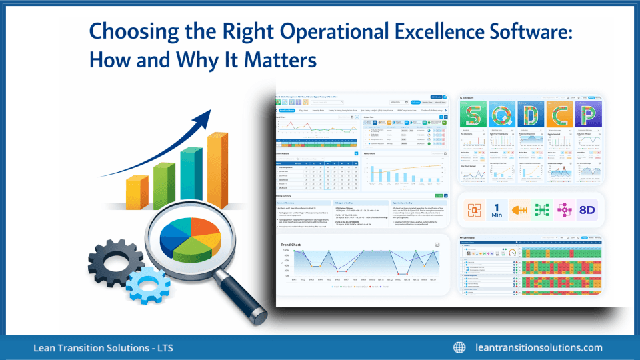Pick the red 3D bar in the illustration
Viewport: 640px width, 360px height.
tap(163, 185)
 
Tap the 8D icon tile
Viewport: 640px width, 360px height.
tap(587, 209)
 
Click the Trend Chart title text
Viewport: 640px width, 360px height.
tap(297, 245)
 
